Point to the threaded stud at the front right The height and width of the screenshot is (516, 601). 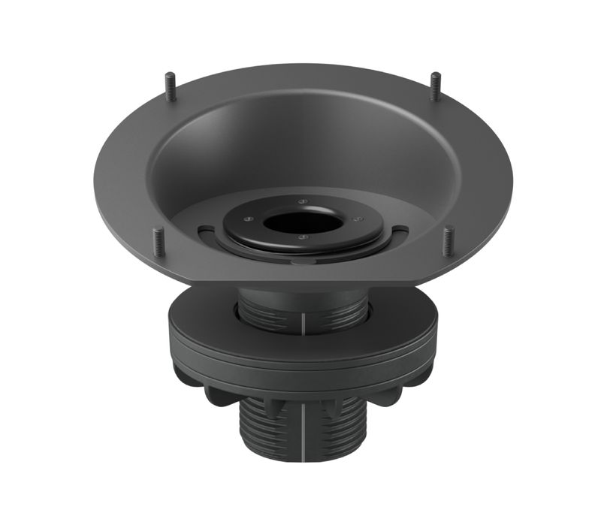click(x=448, y=241)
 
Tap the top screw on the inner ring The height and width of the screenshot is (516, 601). click(x=301, y=201)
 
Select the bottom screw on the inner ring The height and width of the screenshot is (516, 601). click(x=302, y=237)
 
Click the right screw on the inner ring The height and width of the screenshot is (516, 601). click(x=356, y=219)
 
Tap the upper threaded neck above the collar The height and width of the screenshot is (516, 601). click(x=331, y=312)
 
